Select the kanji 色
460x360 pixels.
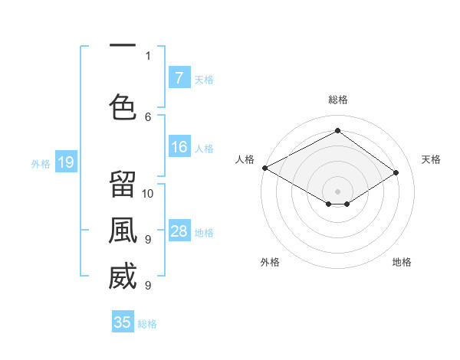point(123,106)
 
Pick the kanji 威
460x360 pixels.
point(123,277)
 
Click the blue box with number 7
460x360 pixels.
point(179,77)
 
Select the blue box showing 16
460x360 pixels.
point(179,147)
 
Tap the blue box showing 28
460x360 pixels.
point(179,231)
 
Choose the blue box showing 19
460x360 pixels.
point(65,162)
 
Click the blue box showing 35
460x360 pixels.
point(123,322)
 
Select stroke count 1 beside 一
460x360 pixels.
point(148,56)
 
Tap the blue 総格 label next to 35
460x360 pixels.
point(147,324)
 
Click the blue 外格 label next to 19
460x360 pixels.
point(41,163)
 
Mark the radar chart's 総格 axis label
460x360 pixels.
point(337,100)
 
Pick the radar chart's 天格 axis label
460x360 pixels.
point(431,159)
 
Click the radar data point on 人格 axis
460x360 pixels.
point(264,168)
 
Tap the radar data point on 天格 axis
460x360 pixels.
point(396,173)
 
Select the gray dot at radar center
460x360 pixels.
point(337,191)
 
